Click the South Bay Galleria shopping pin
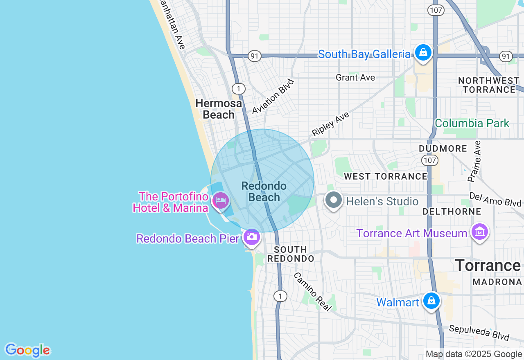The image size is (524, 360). pos(423,52)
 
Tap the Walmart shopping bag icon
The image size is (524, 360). pos(431,301)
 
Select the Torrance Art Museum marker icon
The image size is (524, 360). pos(479,232)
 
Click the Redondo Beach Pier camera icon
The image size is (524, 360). pos(251,236)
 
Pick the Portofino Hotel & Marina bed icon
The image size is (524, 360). pos(221,201)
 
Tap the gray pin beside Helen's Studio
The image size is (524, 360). pos(334,200)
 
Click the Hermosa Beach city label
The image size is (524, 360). pos(219,109)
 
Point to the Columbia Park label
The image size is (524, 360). pos(472,123)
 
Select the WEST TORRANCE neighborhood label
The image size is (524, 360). pos(386,176)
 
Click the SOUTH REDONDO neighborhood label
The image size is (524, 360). pos(291,254)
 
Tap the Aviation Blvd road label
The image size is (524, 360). pos(273,97)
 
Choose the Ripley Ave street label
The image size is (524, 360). pos(330,124)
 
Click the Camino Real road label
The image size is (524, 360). pos(312,292)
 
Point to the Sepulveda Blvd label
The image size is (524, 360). pos(479,333)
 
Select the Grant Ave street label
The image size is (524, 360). pos(355,77)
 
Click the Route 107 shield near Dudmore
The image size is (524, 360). pos(430,160)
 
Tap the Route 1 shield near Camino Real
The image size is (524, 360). pos(280,296)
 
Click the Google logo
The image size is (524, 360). pos(27,350)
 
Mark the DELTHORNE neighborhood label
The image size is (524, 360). pos(452,211)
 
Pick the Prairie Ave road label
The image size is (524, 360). pos(474,161)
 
